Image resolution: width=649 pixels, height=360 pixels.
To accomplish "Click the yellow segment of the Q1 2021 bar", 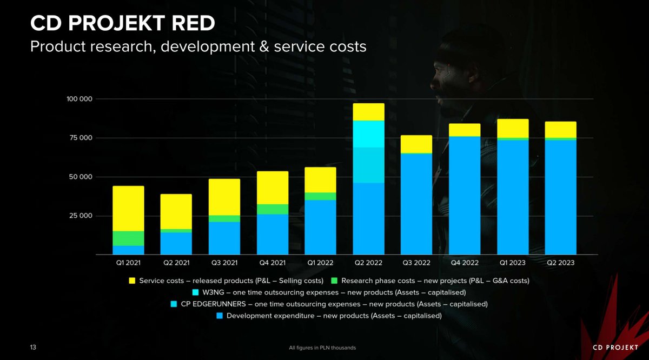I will [x=128, y=208].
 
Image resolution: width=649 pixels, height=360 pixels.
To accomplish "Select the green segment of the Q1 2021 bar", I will [x=128, y=238].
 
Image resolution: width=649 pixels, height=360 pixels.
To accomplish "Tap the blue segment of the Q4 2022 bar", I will [x=465, y=195].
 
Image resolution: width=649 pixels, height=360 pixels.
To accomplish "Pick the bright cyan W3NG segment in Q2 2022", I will [x=368, y=134].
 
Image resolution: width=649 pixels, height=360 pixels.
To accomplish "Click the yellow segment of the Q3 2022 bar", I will [x=416, y=144].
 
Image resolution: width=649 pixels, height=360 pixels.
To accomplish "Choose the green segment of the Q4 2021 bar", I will [x=273, y=209].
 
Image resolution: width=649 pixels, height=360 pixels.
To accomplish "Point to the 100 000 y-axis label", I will [x=79, y=99].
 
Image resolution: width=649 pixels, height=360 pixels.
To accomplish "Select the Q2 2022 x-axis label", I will [x=368, y=263].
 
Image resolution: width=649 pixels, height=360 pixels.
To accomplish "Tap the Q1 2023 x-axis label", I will [x=513, y=263].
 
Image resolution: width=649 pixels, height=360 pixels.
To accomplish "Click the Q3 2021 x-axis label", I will [x=224, y=263].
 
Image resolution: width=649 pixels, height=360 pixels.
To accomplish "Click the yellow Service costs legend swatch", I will [x=132, y=281].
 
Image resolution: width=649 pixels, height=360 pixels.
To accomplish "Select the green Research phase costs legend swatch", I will [x=334, y=281].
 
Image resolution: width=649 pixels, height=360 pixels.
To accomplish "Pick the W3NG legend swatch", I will [x=196, y=292].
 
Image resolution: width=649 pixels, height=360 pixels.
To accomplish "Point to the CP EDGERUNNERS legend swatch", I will [x=173, y=304].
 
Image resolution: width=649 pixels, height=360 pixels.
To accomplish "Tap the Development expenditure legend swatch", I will [x=219, y=316].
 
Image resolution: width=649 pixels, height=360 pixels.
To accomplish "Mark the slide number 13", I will [x=34, y=346].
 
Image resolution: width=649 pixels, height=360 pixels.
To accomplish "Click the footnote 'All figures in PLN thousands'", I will [x=323, y=347].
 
